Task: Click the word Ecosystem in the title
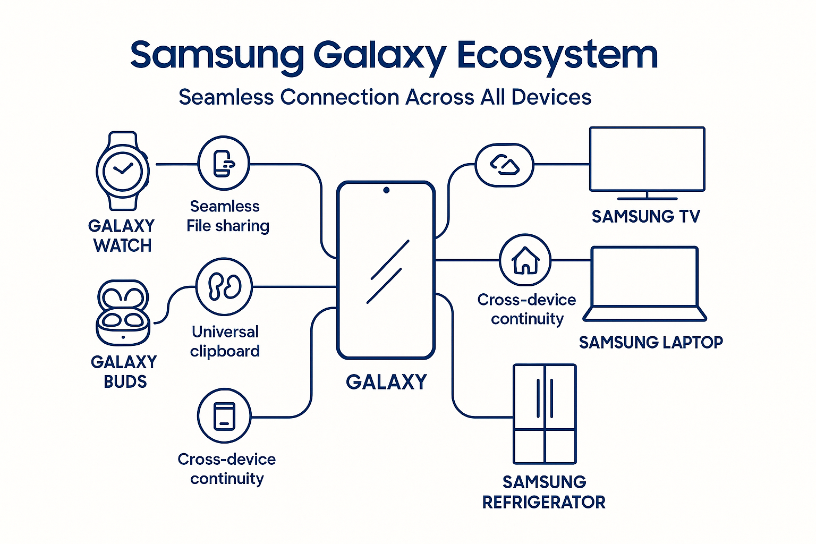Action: [557, 55]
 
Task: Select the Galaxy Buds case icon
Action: [123, 313]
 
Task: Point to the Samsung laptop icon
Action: [644, 284]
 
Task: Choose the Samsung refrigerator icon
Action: [545, 414]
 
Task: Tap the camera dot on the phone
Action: [386, 190]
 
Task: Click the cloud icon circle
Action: [504, 165]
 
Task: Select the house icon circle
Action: [525, 260]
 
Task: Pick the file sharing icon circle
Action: [224, 163]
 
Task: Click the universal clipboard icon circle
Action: [224, 287]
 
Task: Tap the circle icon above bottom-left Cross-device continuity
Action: [224, 415]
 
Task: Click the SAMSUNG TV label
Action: [646, 217]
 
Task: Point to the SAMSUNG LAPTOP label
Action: [651, 342]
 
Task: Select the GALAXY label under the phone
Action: [386, 382]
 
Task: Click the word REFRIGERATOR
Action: [543, 502]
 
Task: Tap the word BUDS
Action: [125, 381]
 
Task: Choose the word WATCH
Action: [123, 245]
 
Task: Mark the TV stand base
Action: [647, 198]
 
